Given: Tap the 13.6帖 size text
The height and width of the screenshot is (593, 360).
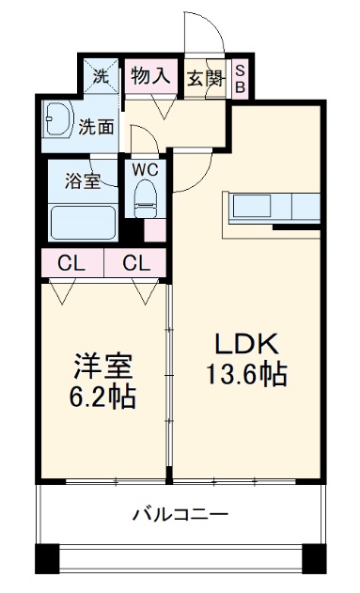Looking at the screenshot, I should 247,374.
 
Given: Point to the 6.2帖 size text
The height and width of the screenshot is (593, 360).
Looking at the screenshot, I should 103,396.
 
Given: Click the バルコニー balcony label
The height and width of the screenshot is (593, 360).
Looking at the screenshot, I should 180,514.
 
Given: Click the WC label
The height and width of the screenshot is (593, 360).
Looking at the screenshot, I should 145,169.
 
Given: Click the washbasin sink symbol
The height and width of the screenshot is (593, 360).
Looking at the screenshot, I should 57,119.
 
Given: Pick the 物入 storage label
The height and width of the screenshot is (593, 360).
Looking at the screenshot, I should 149,76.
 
